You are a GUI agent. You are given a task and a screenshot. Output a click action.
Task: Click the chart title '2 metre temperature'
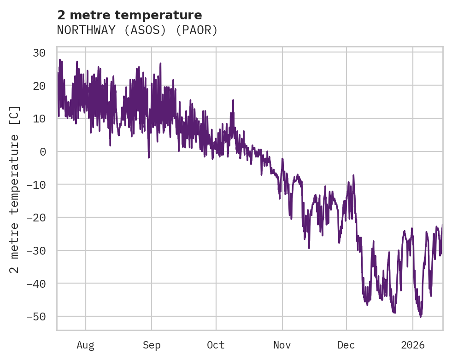(129, 15)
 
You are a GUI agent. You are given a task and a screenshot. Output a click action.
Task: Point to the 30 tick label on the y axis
(39, 53)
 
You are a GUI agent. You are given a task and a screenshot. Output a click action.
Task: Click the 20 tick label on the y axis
(39, 86)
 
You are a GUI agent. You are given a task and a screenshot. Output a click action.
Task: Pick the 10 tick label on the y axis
(39, 119)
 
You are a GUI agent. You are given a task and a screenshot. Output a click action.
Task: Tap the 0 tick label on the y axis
(42, 151)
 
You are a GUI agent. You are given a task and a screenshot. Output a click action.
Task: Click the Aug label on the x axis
(86, 345)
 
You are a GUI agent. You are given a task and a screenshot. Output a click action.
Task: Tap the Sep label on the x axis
(152, 345)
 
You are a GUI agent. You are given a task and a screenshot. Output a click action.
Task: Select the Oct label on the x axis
(216, 345)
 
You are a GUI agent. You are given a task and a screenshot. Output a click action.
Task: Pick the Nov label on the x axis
(282, 345)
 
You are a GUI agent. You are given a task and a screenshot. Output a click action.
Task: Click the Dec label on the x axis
(346, 345)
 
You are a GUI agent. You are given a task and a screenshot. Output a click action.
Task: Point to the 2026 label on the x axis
(413, 345)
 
